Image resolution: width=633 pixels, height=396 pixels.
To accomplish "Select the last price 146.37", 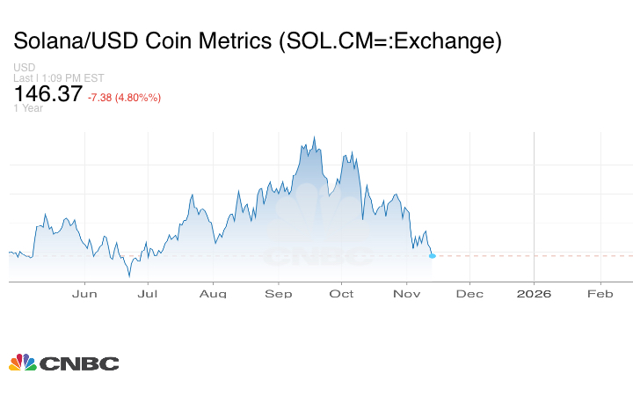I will click(x=47, y=94).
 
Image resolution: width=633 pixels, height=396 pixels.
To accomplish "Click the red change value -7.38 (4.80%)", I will click(x=124, y=97).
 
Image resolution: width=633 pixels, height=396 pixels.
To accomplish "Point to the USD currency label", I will click(x=24, y=68).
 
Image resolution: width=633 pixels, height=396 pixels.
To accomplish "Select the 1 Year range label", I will click(x=28, y=108).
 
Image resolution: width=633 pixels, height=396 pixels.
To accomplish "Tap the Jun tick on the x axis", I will click(x=84, y=293).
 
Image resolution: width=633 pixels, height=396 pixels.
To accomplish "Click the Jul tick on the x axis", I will click(x=148, y=293).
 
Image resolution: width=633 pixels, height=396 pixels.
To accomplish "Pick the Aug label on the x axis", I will click(x=213, y=293).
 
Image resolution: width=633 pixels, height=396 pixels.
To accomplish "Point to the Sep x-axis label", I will click(x=278, y=293).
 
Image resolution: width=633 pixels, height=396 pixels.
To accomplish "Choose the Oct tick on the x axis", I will click(x=341, y=293).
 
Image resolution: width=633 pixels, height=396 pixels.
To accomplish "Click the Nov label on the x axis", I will click(x=405, y=293).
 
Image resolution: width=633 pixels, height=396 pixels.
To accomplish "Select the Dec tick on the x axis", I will click(x=469, y=293).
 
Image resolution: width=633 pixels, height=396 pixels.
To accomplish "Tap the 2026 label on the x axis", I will click(x=534, y=293).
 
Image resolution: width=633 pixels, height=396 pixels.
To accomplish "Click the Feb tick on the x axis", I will click(x=600, y=293).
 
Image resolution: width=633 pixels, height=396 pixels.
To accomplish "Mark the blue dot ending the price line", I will click(x=432, y=255).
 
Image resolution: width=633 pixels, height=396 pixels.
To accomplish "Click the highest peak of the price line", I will click(x=315, y=138).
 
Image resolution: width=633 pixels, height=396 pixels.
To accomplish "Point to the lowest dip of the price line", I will click(x=129, y=275).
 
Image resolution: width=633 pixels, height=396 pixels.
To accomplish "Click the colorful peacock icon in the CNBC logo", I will click(x=22, y=362).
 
